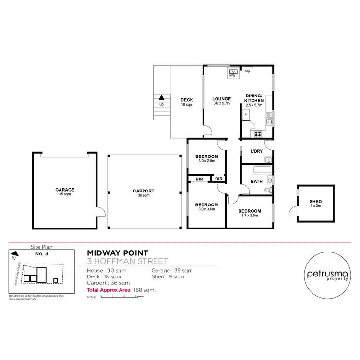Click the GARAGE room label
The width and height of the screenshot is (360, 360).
tap(65, 190)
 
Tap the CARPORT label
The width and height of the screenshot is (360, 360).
tap(144, 191)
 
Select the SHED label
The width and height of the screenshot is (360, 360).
tap(315, 201)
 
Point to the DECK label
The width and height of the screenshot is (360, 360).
tap(187, 100)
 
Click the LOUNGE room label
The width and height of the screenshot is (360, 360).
tap(222, 99)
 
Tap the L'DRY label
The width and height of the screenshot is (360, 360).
tap(257, 151)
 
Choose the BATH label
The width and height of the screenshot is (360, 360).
tap(256, 181)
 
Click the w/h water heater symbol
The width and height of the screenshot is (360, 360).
tap(231, 72)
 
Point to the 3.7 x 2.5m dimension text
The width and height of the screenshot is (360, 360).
tap(250, 216)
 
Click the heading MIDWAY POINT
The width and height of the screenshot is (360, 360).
tap(118, 252)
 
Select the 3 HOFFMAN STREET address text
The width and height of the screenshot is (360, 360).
tap(127, 262)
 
